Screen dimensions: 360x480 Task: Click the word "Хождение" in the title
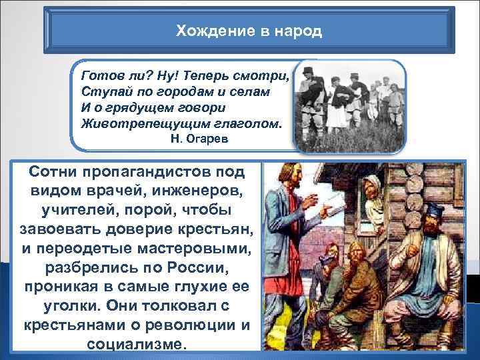tap(203, 31)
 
